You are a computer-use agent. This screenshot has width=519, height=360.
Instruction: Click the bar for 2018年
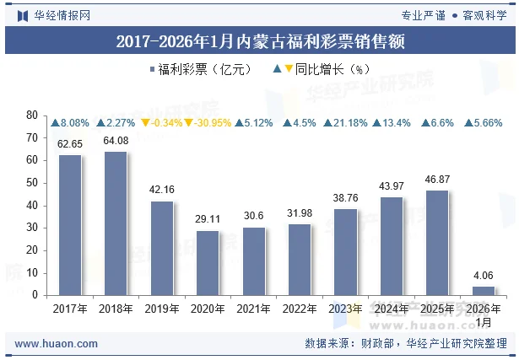point(116,223)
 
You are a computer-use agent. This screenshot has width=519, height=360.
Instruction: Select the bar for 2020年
point(208,262)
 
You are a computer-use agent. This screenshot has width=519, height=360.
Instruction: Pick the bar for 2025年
point(437,243)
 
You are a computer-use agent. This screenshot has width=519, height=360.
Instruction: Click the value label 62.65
point(70,144)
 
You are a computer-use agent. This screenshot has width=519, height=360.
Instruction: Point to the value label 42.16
point(162,191)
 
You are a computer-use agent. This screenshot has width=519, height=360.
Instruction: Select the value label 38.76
point(345,198)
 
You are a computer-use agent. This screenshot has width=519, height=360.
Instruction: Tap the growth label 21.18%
point(346,123)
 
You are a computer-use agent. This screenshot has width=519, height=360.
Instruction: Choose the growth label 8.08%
point(70,123)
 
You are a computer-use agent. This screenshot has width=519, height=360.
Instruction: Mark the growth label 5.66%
point(484,123)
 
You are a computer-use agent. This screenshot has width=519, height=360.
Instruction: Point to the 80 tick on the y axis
point(33,115)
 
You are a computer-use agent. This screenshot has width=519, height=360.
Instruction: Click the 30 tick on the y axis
point(33,228)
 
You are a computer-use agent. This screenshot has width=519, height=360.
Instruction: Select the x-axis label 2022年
point(300,309)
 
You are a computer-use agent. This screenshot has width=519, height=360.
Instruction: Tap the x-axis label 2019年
point(162,309)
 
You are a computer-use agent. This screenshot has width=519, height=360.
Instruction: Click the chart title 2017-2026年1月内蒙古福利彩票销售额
point(259,40)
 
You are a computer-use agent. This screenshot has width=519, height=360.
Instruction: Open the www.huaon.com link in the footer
point(57,344)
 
